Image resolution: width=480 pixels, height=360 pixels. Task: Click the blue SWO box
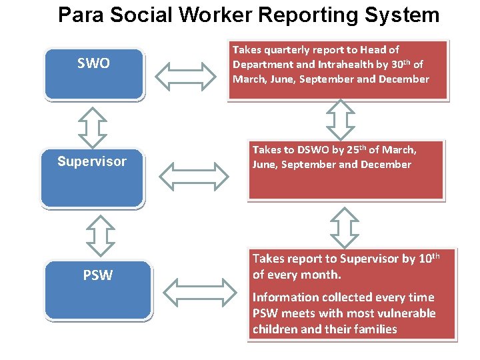[x=94, y=73]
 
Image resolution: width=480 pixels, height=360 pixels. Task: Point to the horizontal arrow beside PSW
[x=199, y=291]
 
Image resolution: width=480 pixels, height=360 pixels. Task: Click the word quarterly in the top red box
[x=288, y=49]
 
